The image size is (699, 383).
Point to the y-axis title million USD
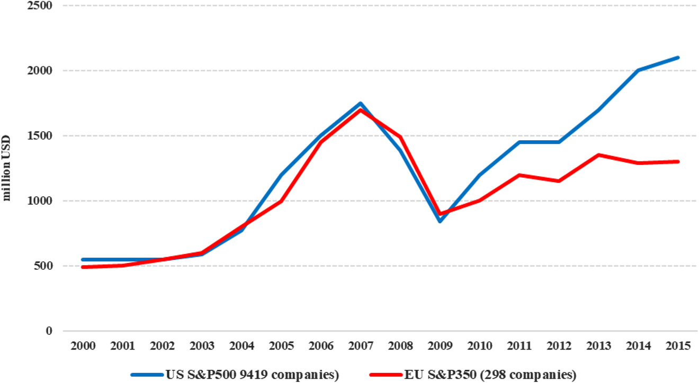[x=7, y=168]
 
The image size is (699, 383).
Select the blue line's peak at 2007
[x=361, y=103]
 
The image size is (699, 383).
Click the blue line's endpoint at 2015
[x=678, y=58]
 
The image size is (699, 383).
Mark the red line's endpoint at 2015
[x=678, y=161]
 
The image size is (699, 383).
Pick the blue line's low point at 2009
[x=440, y=221]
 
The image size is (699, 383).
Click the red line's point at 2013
[x=598, y=155]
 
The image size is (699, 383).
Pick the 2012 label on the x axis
[x=559, y=346]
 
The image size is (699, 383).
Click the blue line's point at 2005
[x=281, y=175]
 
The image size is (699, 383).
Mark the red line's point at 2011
[x=519, y=175]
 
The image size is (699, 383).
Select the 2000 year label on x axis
[x=83, y=346]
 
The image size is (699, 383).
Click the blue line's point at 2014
[x=638, y=70]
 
